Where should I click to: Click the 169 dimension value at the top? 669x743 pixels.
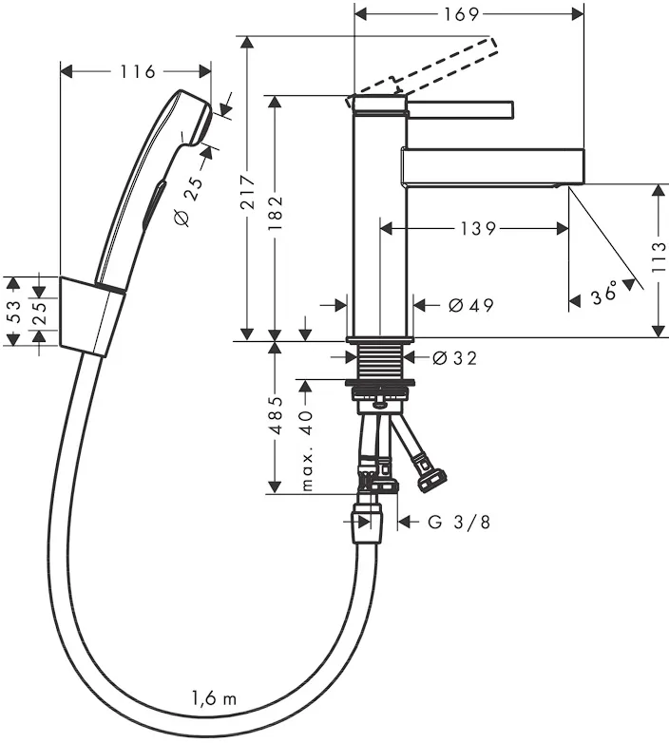point(462,14)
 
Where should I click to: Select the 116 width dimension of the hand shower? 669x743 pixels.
point(138,71)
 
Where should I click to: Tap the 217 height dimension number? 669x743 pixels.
point(247,192)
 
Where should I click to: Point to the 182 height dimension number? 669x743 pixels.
point(276,213)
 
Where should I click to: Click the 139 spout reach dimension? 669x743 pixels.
point(478,229)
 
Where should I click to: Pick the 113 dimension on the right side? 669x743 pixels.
point(659,257)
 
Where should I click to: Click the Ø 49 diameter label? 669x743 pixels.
point(471,305)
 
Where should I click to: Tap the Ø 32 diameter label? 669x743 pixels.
point(455,358)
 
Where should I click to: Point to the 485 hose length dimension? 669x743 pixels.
point(276,414)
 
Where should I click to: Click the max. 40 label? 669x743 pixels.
point(307,450)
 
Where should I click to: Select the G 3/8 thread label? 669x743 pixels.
point(459,523)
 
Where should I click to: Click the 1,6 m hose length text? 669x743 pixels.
point(214,698)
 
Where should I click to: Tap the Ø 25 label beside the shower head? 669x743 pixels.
point(188,200)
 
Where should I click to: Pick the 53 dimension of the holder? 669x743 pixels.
point(14,312)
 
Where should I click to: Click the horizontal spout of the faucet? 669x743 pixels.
point(493,167)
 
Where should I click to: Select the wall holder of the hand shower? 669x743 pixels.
point(92,316)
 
